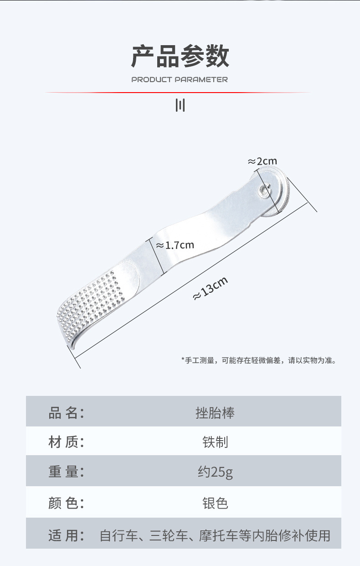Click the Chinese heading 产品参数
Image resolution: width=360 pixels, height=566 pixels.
click(180, 56)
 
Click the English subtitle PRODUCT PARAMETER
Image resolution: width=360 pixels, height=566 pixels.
click(180, 80)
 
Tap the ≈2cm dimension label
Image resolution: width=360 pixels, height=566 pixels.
click(262, 161)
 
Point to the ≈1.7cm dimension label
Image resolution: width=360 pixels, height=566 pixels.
click(175, 245)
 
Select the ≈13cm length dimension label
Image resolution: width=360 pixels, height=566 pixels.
click(211, 288)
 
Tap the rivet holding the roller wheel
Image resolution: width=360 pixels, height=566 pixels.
click(264, 191)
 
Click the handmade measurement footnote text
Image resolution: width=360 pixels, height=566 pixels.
click(259, 360)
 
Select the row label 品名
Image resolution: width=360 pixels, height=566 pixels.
click(66, 413)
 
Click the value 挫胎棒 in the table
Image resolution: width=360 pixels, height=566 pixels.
click(215, 413)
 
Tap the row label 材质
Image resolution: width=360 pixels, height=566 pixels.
click(66, 442)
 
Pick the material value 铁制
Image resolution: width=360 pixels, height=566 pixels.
click(216, 442)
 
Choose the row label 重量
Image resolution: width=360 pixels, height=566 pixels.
click(66, 472)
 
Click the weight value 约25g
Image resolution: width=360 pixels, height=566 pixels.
click(216, 472)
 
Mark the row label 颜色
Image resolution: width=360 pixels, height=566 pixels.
click(66, 503)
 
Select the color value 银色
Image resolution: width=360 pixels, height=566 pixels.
click(216, 503)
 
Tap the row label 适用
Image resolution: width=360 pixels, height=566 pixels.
click(66, 535)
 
